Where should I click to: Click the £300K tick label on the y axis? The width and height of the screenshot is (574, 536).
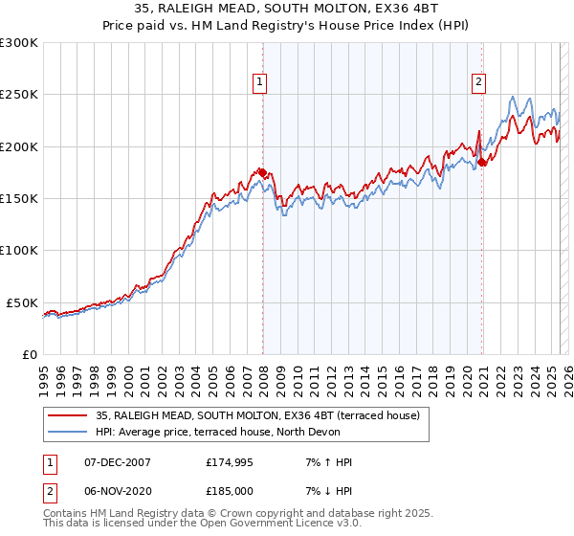(19, 43)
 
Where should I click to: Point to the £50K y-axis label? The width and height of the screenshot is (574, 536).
(23, 302)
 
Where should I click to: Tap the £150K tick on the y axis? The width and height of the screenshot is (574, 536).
(19, 199)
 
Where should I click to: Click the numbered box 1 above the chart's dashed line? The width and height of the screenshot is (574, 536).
(259, 83)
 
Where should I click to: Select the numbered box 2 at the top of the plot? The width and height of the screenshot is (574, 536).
(477, 83)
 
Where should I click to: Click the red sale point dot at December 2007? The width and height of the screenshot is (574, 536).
(262, 172)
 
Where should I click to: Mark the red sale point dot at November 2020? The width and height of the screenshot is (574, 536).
(482, 163)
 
